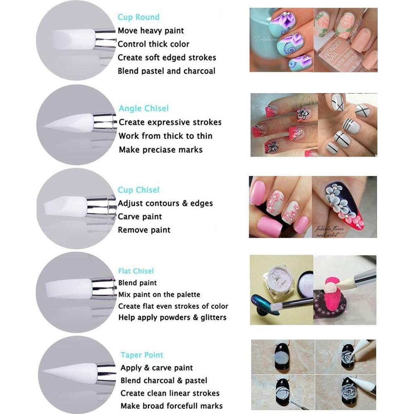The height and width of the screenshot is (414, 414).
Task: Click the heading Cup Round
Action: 138,17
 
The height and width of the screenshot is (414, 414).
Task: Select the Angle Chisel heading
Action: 144,108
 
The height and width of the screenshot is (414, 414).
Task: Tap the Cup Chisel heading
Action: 138,190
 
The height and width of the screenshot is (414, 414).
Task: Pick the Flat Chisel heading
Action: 136,271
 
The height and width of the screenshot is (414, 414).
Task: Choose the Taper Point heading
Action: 142,355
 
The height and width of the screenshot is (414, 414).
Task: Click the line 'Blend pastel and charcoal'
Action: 166,71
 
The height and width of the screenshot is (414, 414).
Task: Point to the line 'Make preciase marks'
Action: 160,149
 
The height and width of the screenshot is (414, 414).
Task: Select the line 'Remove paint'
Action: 144,230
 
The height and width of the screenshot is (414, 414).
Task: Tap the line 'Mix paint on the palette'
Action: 159,295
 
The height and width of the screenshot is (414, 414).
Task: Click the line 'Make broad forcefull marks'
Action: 171,406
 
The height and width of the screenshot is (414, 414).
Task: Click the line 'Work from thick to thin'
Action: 165,136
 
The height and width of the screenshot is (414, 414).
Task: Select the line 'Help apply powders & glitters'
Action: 172,318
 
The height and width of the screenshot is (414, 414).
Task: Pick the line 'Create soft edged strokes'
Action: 167,57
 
